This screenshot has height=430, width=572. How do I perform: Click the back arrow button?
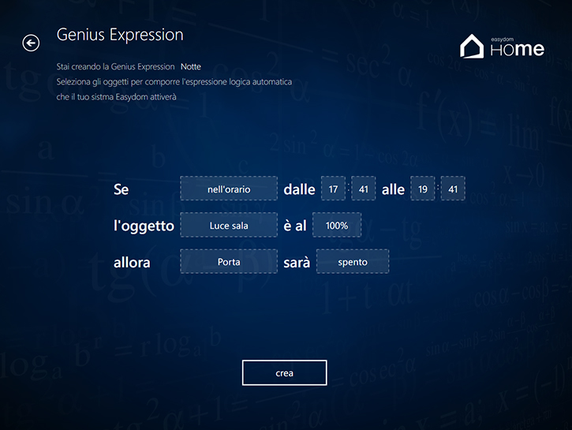click(x=31, y=43)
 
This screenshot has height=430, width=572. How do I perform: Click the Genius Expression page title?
click(x=120, y=36)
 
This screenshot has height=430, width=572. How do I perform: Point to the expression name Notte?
click(x=191, y=67)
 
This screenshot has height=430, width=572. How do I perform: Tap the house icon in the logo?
click(x=472, y=46)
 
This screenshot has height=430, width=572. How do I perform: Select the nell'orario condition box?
click(x=229, y=189)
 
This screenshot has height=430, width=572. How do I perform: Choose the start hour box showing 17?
click(x=333, y=189)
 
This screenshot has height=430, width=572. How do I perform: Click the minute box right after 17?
click(x=364, y=189)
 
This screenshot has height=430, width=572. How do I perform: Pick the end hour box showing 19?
click(x=423, y=189)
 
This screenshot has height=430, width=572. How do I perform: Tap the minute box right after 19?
click(x=453, y=189)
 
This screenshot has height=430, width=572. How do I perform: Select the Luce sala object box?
click(x=229, y=225)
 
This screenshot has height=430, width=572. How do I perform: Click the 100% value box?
click(x=337, y=225)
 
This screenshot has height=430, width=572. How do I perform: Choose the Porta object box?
click(x=229, y=261)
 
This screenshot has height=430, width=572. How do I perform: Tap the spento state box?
click(x=353, y=261)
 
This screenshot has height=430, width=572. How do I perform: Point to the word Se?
click(x=122, y=189)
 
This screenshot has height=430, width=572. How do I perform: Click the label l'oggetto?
click(x=144, y=226)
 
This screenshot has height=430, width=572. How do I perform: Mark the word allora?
click(x=132, y=263)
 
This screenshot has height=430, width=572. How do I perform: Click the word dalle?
click(x=299, y=189)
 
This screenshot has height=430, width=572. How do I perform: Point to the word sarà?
click(x=297, y=262)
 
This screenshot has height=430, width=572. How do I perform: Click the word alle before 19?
click(x=393, y=189)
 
